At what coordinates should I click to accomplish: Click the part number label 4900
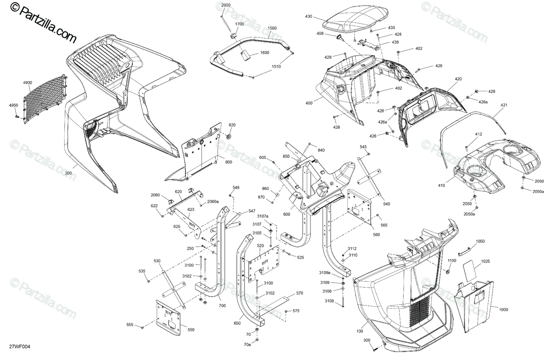coord(28,82)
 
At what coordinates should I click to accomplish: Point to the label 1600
coord(265,53)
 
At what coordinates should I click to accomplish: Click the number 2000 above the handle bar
coord(226,5)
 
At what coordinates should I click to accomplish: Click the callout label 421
coord(504,106)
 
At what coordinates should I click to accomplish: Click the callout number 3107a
coord(263,216)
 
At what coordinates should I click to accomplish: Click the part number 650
coord(237,323)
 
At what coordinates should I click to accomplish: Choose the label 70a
coord(248,345)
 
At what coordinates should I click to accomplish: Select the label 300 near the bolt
coord(367,341)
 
